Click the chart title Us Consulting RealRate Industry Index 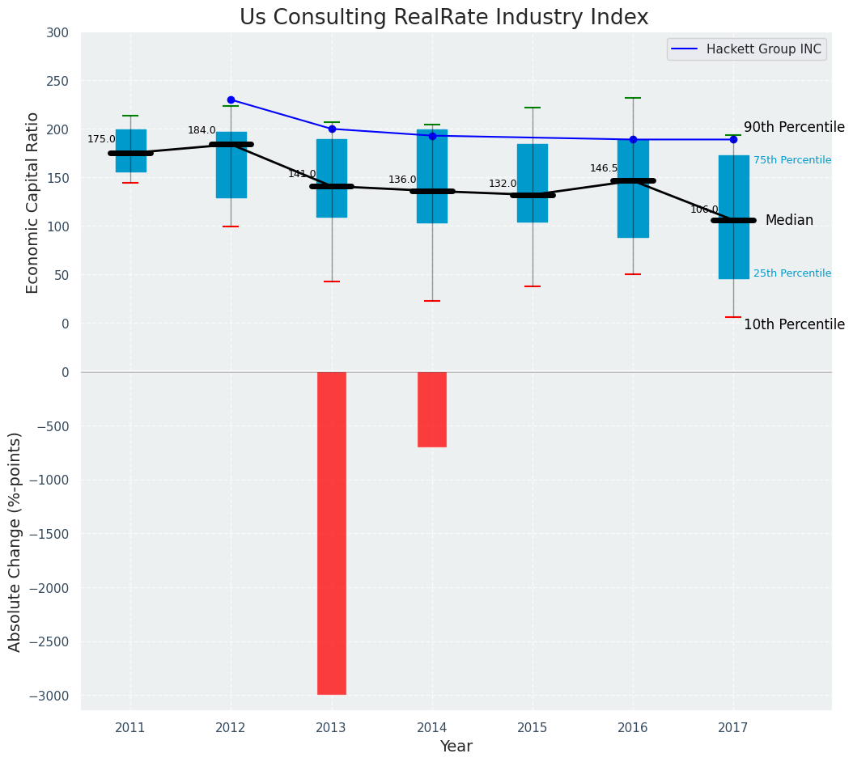[x=443, y=18]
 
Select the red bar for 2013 [x=332, y=532]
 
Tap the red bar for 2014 [x=432, y=409]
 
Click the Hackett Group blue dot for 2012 [x=231, y=99]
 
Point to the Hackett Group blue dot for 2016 [x=633, y=139]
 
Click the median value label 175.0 [x=101, y=139]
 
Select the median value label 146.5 [x=604, y=168]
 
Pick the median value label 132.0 [x=503, y=184]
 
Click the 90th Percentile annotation [x=794, y=128]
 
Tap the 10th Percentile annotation [x=794, y=325]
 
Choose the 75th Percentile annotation [x=792, y=160]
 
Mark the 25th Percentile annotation [x=792, y=273]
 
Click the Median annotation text [x=789, y=221]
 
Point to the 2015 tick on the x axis [x=533, y=728]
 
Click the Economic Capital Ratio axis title [x=33, y=203]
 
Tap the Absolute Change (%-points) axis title [x=15, y=541]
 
